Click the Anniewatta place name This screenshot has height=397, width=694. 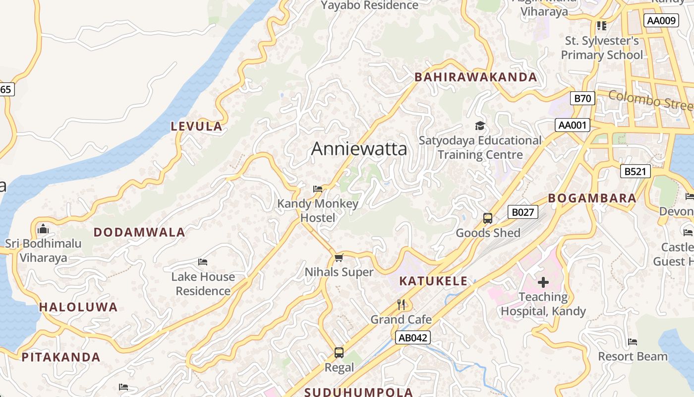359,149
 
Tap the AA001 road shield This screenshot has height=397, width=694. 572,125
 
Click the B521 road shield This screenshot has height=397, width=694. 635,172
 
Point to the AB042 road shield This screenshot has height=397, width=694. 413,338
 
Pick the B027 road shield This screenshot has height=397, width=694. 522,212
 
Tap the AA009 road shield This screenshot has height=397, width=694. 661,20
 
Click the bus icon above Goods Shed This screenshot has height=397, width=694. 488,218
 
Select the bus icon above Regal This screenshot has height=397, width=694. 339,353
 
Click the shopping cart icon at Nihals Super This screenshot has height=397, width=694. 339,258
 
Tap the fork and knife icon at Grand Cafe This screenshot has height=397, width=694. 402,304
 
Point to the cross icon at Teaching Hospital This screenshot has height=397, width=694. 543,282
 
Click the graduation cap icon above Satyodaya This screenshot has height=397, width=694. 480,126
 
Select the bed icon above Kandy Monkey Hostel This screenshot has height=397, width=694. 318,189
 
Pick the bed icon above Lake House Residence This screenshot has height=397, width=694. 203,262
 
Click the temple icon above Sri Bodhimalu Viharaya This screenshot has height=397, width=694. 43,229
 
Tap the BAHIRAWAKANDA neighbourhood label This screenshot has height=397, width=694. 475,77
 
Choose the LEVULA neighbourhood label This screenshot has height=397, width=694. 197,127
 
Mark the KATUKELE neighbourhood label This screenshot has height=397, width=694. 433,281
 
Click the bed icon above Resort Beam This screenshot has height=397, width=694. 632,342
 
